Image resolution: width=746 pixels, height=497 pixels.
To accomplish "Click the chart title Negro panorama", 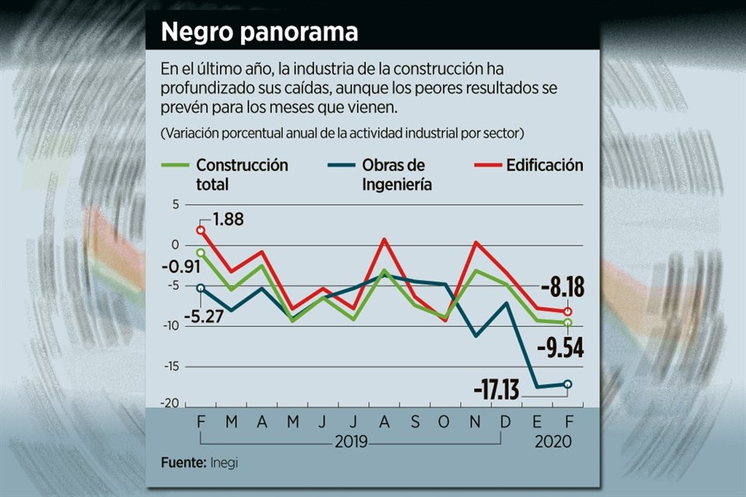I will tap(260, 33).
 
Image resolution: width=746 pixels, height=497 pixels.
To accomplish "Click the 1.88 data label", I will tap(228, 219).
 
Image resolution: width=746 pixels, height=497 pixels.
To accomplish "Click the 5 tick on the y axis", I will tap(176, 204).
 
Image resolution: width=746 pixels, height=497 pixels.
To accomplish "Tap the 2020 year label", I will tap(553, 441).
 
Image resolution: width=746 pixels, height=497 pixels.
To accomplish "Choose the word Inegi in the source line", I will tap(225, 463).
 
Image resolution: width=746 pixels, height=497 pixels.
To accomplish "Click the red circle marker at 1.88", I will tap(200, 230).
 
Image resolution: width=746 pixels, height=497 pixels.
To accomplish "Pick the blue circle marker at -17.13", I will tap(568, 384).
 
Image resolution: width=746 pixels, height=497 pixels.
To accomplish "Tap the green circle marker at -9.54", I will tap(568, 322).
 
